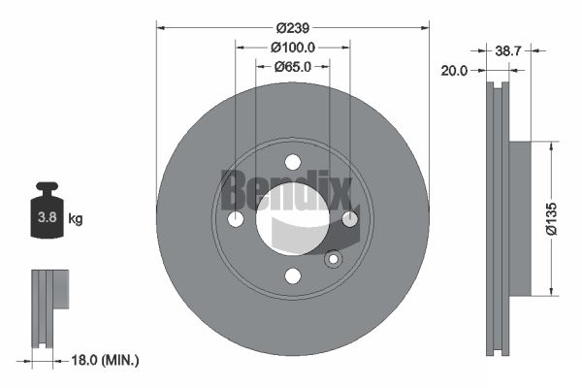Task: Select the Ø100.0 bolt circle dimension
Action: [x=292, y=47]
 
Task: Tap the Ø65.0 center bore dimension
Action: [x=292, y=67]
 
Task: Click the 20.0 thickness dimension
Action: [x=454, y=71]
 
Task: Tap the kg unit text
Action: [x=76, y=219]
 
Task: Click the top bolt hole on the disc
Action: [x=292, y=163]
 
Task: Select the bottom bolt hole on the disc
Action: [x=292, y=276]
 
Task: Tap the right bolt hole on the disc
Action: [x=349, y=219]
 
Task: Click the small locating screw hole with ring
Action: [x=333, y=259]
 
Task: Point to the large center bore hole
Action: [x=292, y=219]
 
